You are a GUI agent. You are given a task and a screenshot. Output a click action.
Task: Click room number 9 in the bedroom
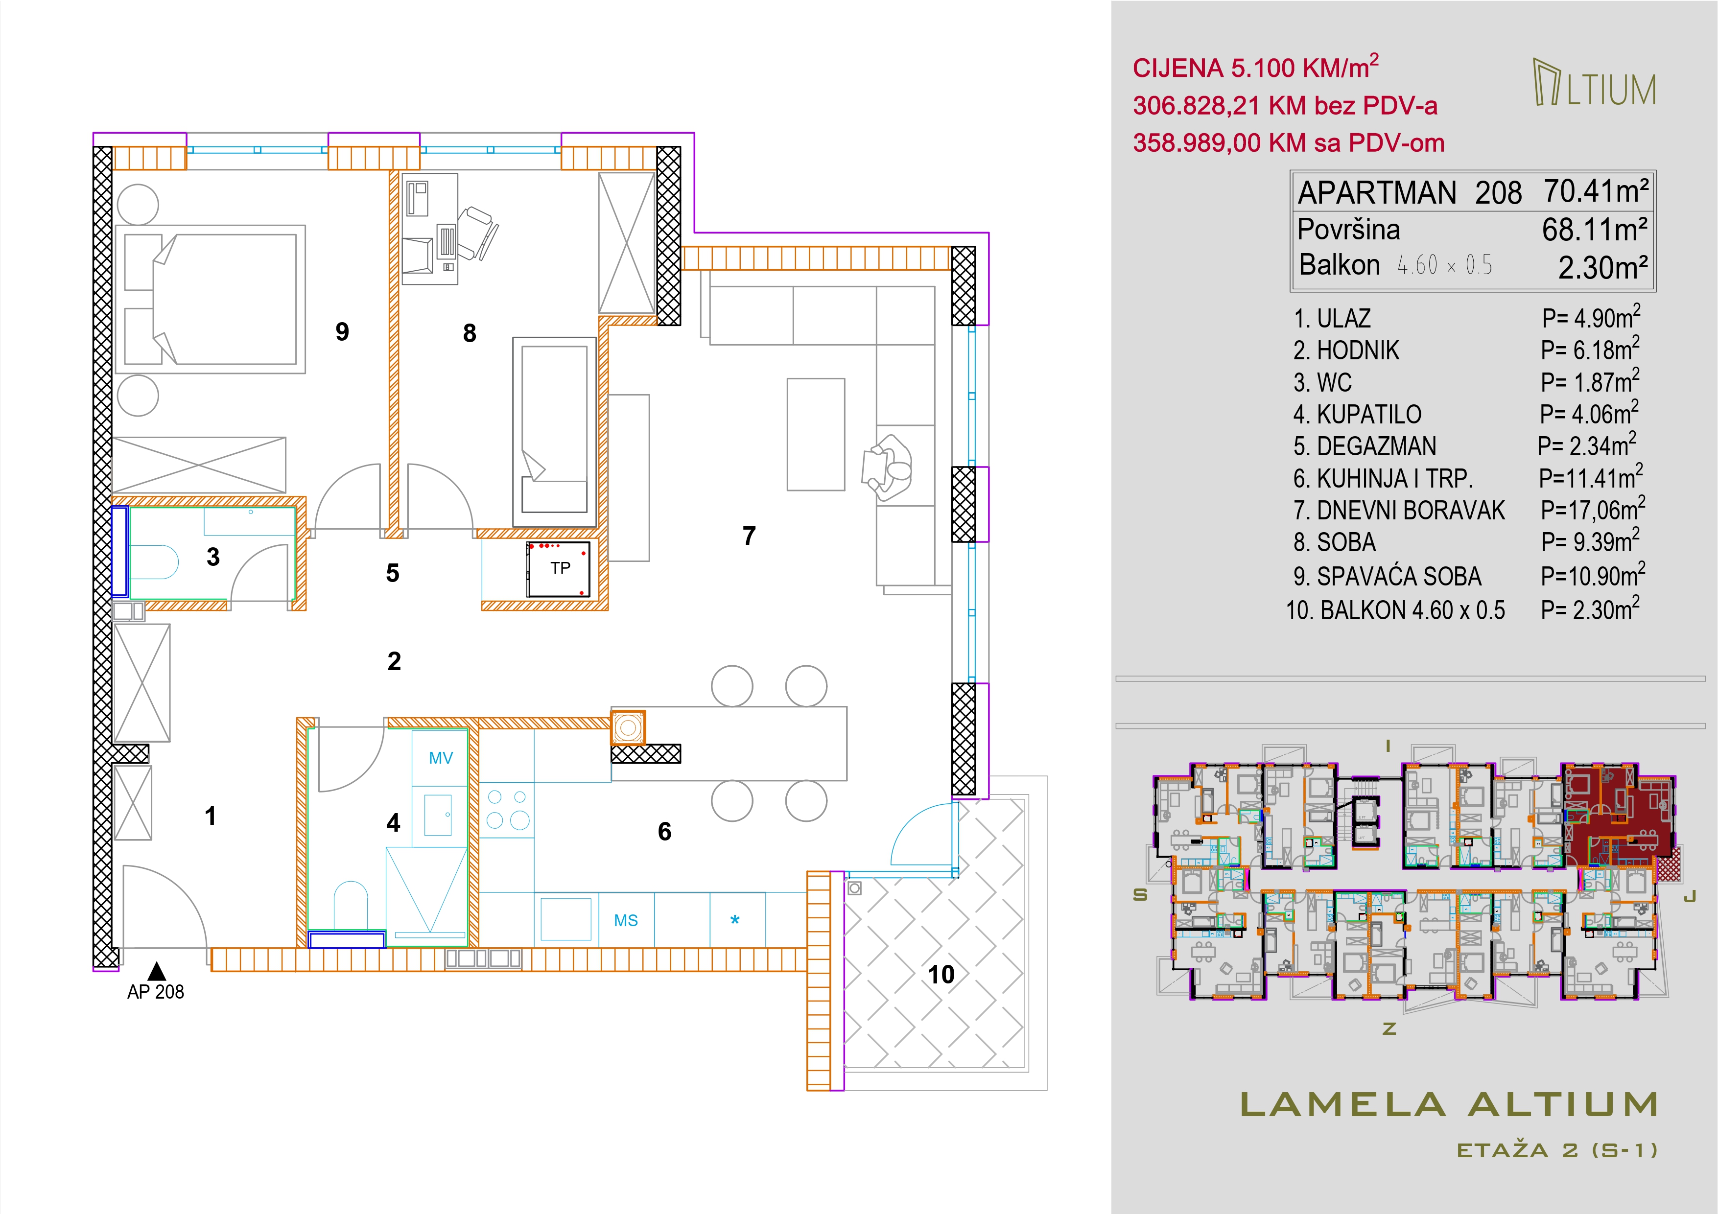click(x=342, y=331)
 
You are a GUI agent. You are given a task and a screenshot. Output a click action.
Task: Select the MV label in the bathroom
click(x=441, y=758)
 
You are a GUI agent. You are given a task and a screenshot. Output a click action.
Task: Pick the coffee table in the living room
click(x=816, y=435)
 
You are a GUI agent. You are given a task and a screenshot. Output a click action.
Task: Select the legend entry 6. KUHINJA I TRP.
click(x=1383, y=478)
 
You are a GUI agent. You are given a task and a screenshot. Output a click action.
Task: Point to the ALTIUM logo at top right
click(x=1594, y=82)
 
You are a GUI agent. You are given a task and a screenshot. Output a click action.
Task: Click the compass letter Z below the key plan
click(x=1389, y=1028)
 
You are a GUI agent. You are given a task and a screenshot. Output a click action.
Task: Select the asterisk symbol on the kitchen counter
click(x=735, y=920)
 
